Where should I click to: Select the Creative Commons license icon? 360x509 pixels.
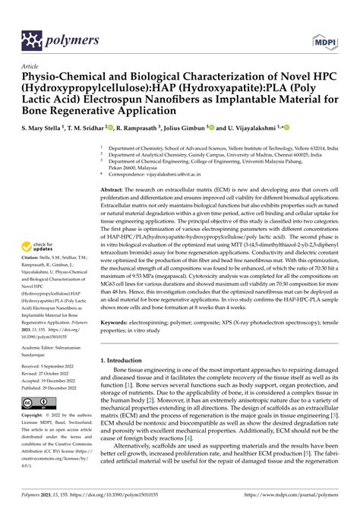click(x=36, y=401)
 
